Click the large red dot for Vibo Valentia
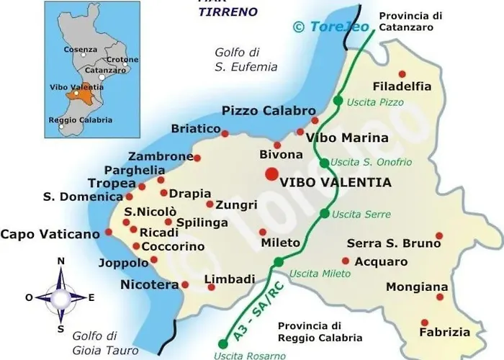[x=271, y=174]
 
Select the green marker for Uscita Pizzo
[x=338, y=101]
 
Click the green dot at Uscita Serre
[x=325, y=213]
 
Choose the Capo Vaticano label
[x=50, y=234]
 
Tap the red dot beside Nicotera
[x=185, y=284]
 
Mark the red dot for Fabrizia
[x=425, y=323]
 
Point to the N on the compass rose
[x=61, y=261]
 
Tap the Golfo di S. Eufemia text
[x=246, y=60]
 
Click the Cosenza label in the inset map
[x=80, y=50]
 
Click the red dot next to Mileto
[x=262, y=232]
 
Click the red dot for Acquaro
[x=346, y=261]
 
